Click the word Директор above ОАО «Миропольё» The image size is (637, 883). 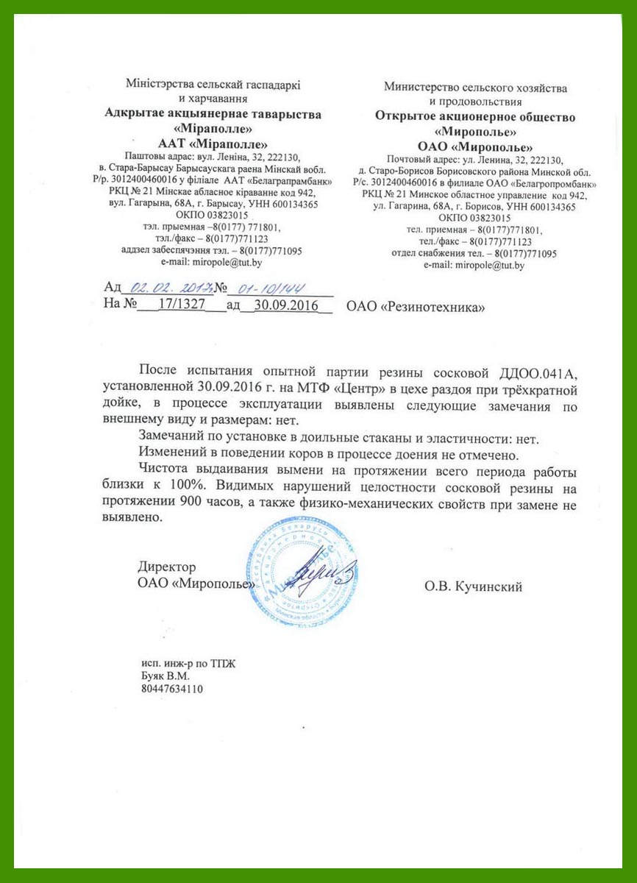coord(167,567)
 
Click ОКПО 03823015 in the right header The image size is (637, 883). coord(474,218)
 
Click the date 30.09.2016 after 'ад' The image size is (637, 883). coord(283,304)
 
